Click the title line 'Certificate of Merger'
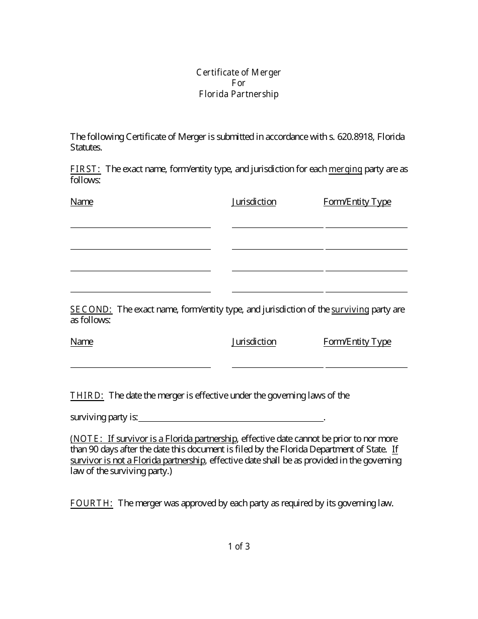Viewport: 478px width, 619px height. (x=238, y=72)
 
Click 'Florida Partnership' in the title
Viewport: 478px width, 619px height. (x=238, y=94)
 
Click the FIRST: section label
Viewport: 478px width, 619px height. (x=86, y=169)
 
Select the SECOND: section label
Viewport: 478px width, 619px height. (x=91, y=309)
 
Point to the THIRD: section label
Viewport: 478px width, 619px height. (x=87, y=396)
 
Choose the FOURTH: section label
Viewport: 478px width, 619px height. (x=92, y=503)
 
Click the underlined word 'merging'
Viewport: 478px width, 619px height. (x=345, y=169)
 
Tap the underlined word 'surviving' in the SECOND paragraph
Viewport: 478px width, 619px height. (x=350, y=309)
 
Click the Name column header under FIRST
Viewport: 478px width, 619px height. (x=82, y=202)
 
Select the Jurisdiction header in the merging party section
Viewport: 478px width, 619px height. (x=254, y=202)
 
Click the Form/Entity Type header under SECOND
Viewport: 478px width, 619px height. (x=357, y=342)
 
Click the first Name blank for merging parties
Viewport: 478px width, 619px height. (x=140, y=224)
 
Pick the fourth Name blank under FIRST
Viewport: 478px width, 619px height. (x=140, y=288)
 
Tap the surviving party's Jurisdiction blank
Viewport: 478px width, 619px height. (x=277, y=364)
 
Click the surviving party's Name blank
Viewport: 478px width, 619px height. (x=140, y=364)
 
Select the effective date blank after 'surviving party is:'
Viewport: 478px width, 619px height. (x=231, y=417)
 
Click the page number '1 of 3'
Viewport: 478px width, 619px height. (x=239, y=547)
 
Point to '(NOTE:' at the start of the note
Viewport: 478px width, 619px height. (x=87, y=439)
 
